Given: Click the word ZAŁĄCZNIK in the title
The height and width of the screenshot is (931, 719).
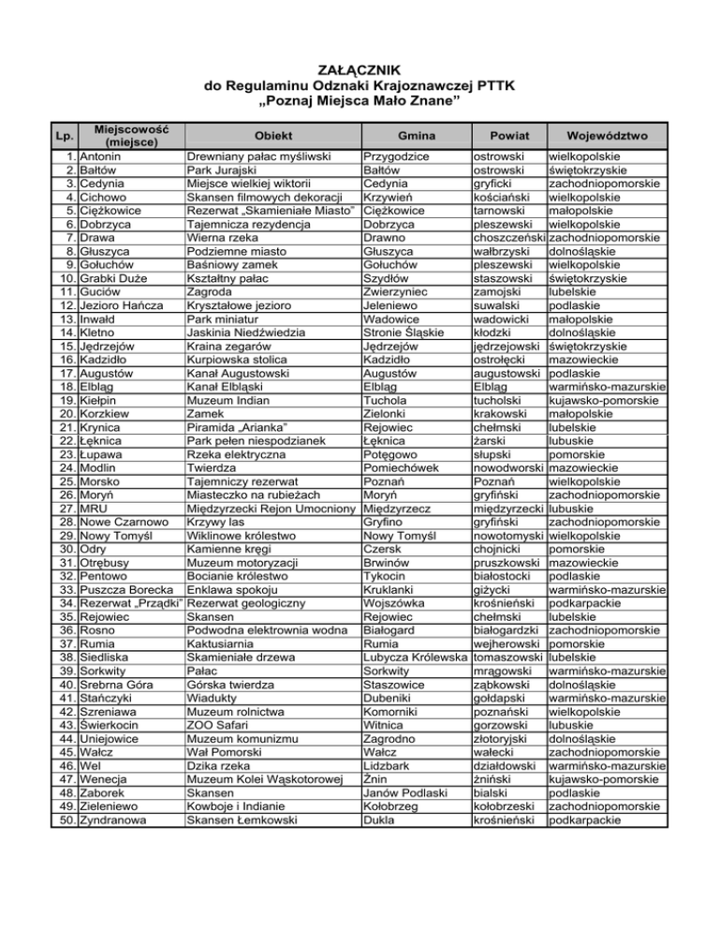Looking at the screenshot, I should click(359, 68).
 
